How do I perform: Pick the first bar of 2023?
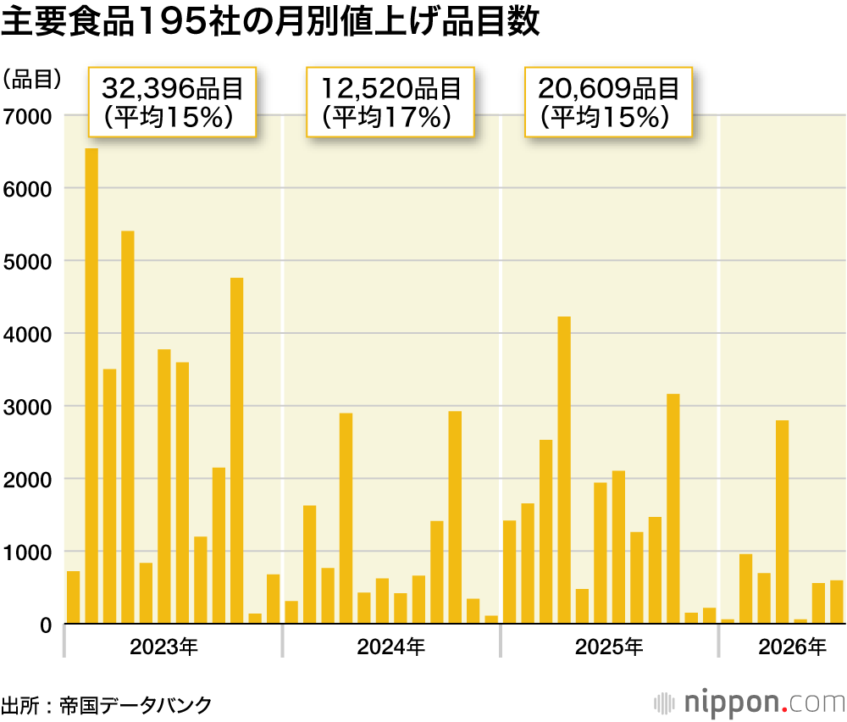coord(73,597)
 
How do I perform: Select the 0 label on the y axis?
coord(46,625)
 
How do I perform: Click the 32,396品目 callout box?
coord(172,102)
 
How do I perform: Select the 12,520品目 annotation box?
coord(390,102)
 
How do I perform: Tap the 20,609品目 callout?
coord(608,102)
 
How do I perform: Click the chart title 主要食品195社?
coord(270,23)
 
